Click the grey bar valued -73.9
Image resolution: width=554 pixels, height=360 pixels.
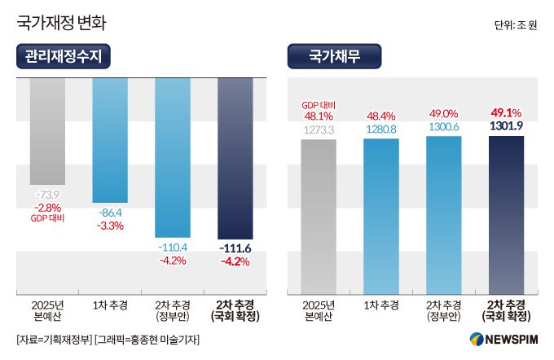47,130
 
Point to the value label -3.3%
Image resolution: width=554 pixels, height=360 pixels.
110,226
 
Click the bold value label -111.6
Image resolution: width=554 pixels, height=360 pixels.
235,247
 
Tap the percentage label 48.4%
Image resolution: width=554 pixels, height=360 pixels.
381,116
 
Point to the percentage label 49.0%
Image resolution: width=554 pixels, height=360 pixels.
443,114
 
